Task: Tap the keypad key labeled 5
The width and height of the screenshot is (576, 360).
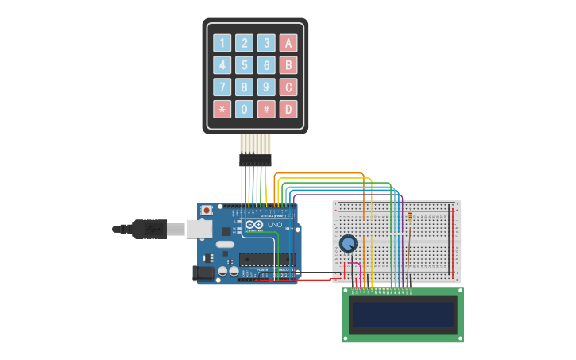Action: [x=245, y=65]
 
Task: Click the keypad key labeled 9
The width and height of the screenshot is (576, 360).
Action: [x=267, y=87]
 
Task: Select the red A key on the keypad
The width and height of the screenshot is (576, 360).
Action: [x=289, y=43]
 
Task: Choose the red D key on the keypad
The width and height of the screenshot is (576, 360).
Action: [x=289, y=109]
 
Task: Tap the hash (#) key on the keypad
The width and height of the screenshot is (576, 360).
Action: [x=267, y=109]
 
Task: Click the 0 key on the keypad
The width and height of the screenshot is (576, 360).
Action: [x=245, y=109]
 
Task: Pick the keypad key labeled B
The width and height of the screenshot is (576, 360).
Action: [x=289, y=65]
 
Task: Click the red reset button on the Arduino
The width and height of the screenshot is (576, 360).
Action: [x=207, y=211]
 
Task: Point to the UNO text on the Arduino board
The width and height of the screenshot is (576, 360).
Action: [x=273, y=226]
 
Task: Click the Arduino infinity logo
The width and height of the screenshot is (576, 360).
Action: [x=254, y=226]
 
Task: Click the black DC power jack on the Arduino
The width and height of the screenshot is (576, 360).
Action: [x=203, y=273]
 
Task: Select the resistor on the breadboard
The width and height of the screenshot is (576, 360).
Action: [x=410, y=215]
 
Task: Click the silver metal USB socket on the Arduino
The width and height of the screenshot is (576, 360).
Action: [x=199, y=229]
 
